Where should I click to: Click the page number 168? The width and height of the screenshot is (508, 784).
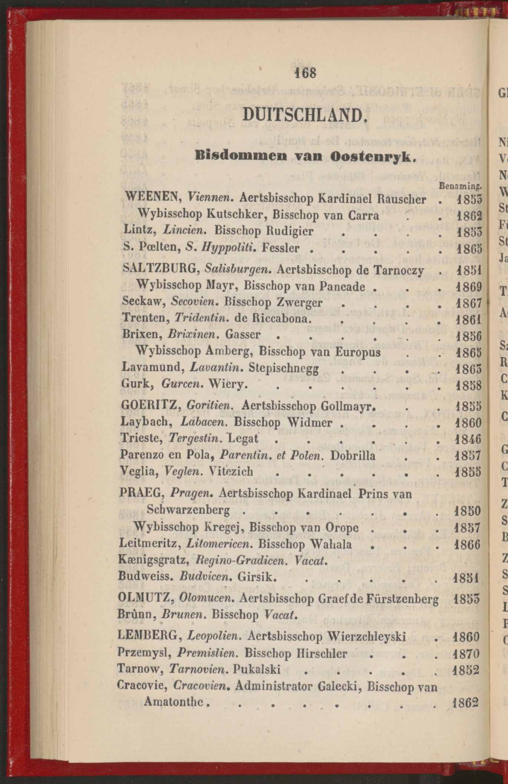305,73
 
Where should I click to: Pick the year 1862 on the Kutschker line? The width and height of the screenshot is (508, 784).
468,216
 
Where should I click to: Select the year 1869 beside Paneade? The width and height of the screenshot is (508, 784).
468,287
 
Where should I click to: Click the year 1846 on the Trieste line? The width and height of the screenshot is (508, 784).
468,439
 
